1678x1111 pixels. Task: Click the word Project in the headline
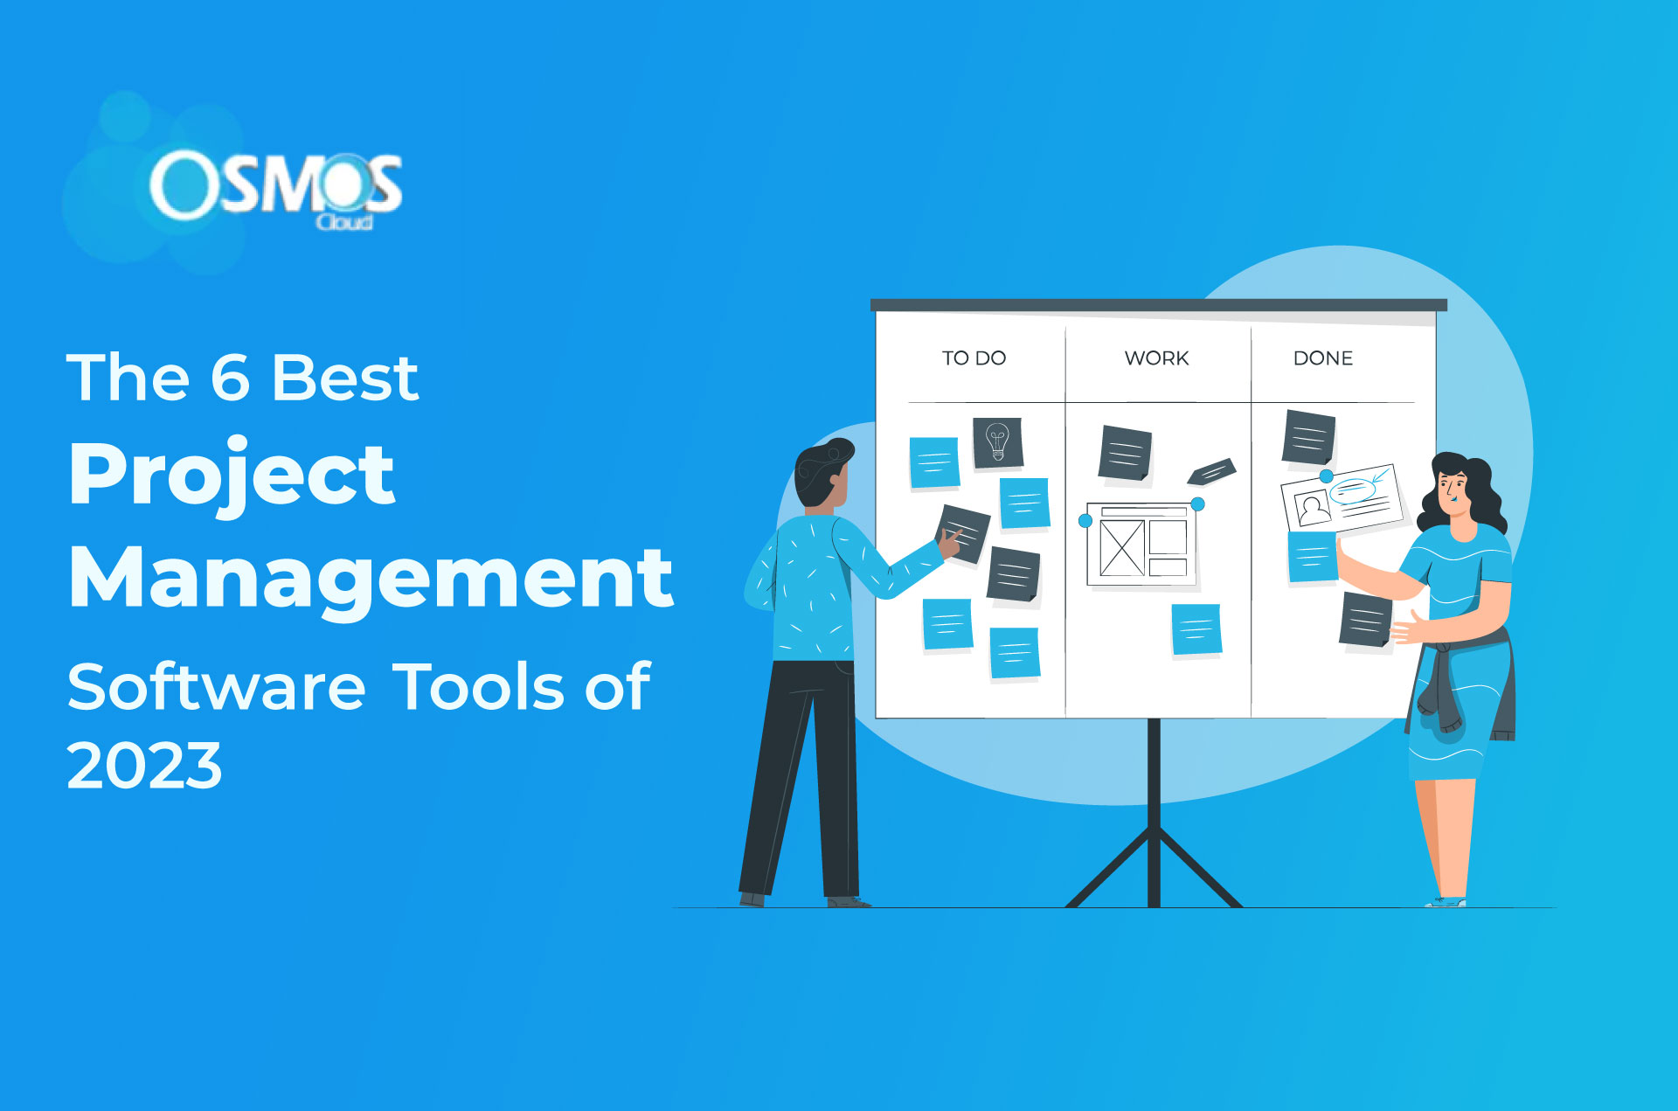tap(232, 474)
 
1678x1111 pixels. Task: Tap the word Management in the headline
tap(371, 577)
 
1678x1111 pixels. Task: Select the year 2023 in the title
tap(144, 766)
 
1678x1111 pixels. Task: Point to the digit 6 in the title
tap(230, 378)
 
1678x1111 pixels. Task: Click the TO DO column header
tap(974, 358)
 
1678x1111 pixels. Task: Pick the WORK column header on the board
tap(1156, 358)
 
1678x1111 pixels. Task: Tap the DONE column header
tap(1322, 358)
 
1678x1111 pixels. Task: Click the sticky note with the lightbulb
tap(997, 442)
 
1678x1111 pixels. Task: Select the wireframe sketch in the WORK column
tap(1141, 545)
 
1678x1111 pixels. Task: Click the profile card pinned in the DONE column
tap(1342, 498)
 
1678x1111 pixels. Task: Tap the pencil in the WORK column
tap(1211, 472)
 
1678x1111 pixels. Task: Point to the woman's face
tap(1452, 490)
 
